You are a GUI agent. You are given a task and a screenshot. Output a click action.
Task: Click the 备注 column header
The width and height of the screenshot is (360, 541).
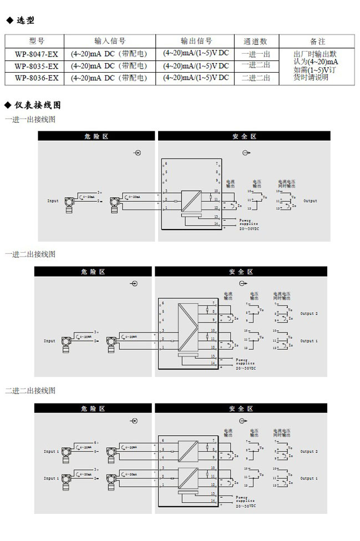pos(317,42)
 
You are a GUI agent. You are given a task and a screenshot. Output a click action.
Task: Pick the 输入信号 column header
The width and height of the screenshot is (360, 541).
pos(110,41)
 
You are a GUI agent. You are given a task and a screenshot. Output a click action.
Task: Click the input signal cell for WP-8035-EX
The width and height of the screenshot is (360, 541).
pos(109,66)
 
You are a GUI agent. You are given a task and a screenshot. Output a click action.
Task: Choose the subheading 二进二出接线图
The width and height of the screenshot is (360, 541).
pos(31,391)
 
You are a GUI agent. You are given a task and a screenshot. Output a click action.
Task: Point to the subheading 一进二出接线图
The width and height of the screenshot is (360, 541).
pos(31,254)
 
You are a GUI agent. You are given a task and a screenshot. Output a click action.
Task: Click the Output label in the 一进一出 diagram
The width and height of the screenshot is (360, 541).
pos(310,201)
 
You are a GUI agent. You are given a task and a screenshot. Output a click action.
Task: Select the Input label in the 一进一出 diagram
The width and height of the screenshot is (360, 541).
pos(53,201)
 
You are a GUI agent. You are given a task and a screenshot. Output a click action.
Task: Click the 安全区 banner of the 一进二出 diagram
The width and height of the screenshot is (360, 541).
pos(241,272)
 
